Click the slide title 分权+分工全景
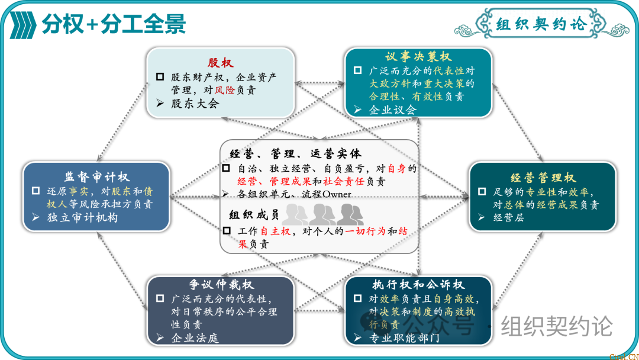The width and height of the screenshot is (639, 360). [114, 24]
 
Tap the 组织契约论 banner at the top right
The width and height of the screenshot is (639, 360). [541, 24]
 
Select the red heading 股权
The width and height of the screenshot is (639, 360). [220, 63]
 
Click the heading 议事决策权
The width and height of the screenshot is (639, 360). [418, 57]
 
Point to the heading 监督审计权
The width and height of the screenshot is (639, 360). [96, 177]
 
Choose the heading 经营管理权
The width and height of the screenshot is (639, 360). [543, 178]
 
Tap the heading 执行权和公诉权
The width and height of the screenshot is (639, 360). [418, 285]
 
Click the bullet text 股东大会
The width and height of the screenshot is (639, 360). [195, 104]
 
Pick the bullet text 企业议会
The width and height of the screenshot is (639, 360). [393, 110]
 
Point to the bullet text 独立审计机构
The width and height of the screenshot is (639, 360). [82, 217]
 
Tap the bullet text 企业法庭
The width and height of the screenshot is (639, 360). [195, 338]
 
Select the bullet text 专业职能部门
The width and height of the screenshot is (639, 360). [404, 338]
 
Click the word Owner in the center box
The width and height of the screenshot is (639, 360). [337, 194]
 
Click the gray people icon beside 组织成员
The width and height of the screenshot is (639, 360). [322, 214]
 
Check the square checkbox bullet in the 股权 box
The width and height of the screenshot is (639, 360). [160, 77]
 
